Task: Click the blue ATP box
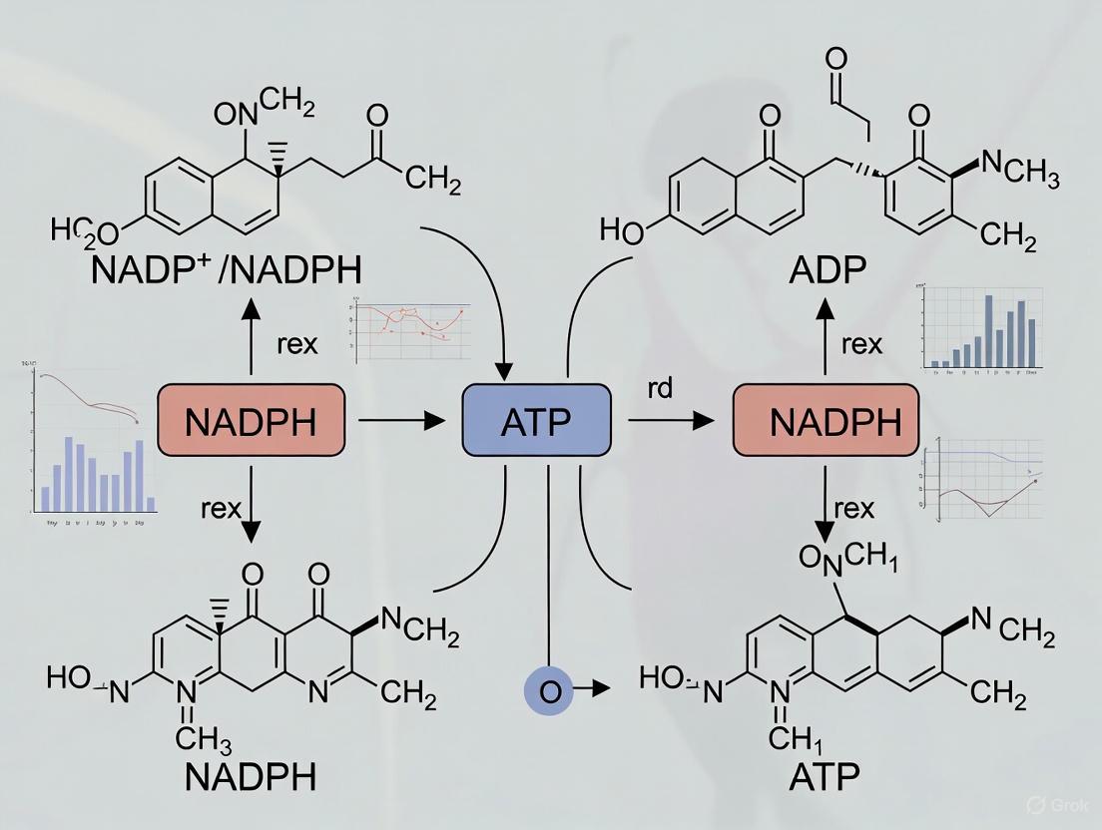[x=537, y=421]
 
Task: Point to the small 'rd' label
[x=660, y=388]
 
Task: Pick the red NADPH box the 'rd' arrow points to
[x=826, y=421]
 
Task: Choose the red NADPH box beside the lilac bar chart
[x=252, y=421]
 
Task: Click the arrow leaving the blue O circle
[x=596, y=687]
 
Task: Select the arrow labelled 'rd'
[x=671, y=422]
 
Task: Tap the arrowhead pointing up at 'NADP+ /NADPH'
[x=252, y=310]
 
